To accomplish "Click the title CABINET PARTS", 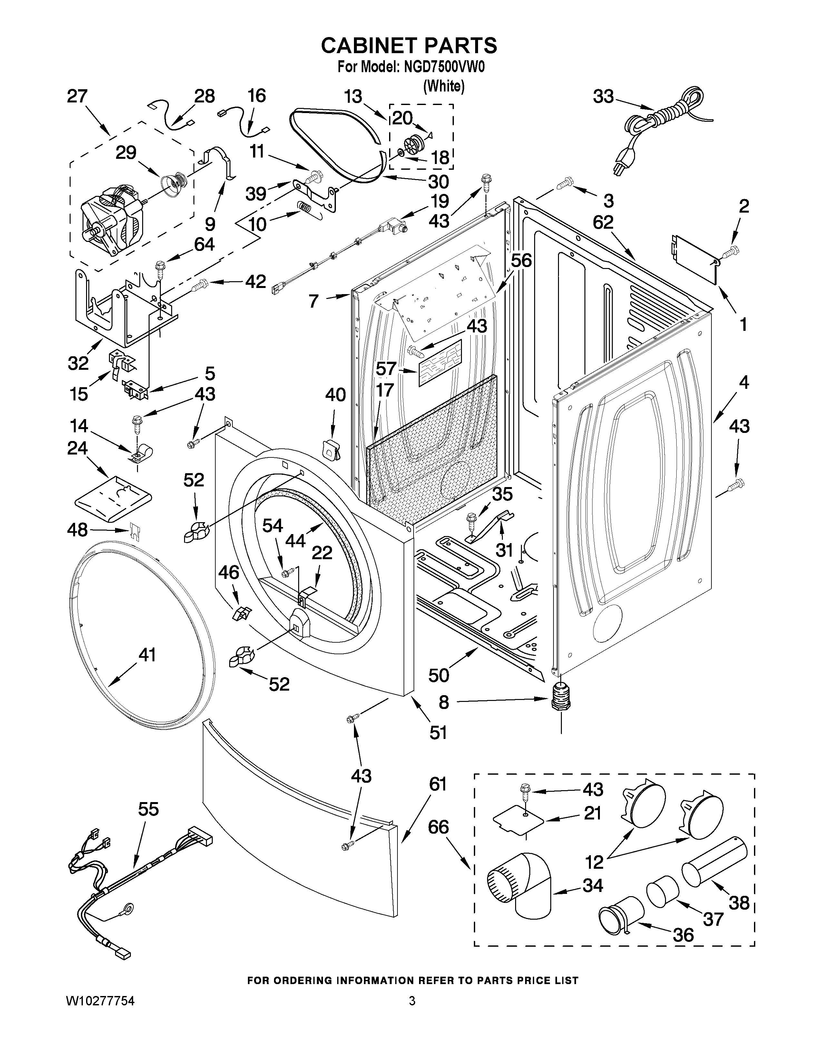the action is [409, 45].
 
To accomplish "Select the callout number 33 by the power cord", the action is [603, 97].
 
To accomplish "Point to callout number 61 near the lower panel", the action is [438, 785].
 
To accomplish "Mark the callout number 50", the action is [438, 675].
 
